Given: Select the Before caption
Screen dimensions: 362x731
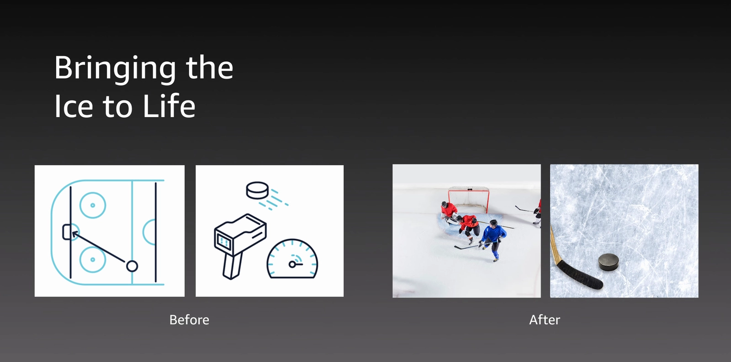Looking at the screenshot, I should point(189,320).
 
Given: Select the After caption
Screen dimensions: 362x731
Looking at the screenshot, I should point(545,320).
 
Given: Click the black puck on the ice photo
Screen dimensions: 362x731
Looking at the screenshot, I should point(609,262).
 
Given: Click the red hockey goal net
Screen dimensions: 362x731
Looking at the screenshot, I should point(469,199).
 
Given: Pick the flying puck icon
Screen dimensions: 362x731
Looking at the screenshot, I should point(257,190).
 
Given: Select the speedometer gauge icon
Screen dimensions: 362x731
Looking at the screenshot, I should point(292,259).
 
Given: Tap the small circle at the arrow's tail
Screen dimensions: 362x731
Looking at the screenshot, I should point(132,266).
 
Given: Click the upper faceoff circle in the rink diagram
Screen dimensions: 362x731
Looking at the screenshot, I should point(93,205).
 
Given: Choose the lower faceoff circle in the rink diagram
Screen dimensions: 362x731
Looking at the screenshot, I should point(93,260).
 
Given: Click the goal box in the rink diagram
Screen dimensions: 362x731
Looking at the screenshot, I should point(67,232).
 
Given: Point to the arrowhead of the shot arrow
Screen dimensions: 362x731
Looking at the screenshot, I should point(74,234).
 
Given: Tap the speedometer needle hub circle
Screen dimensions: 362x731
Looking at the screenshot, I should point(292,264).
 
